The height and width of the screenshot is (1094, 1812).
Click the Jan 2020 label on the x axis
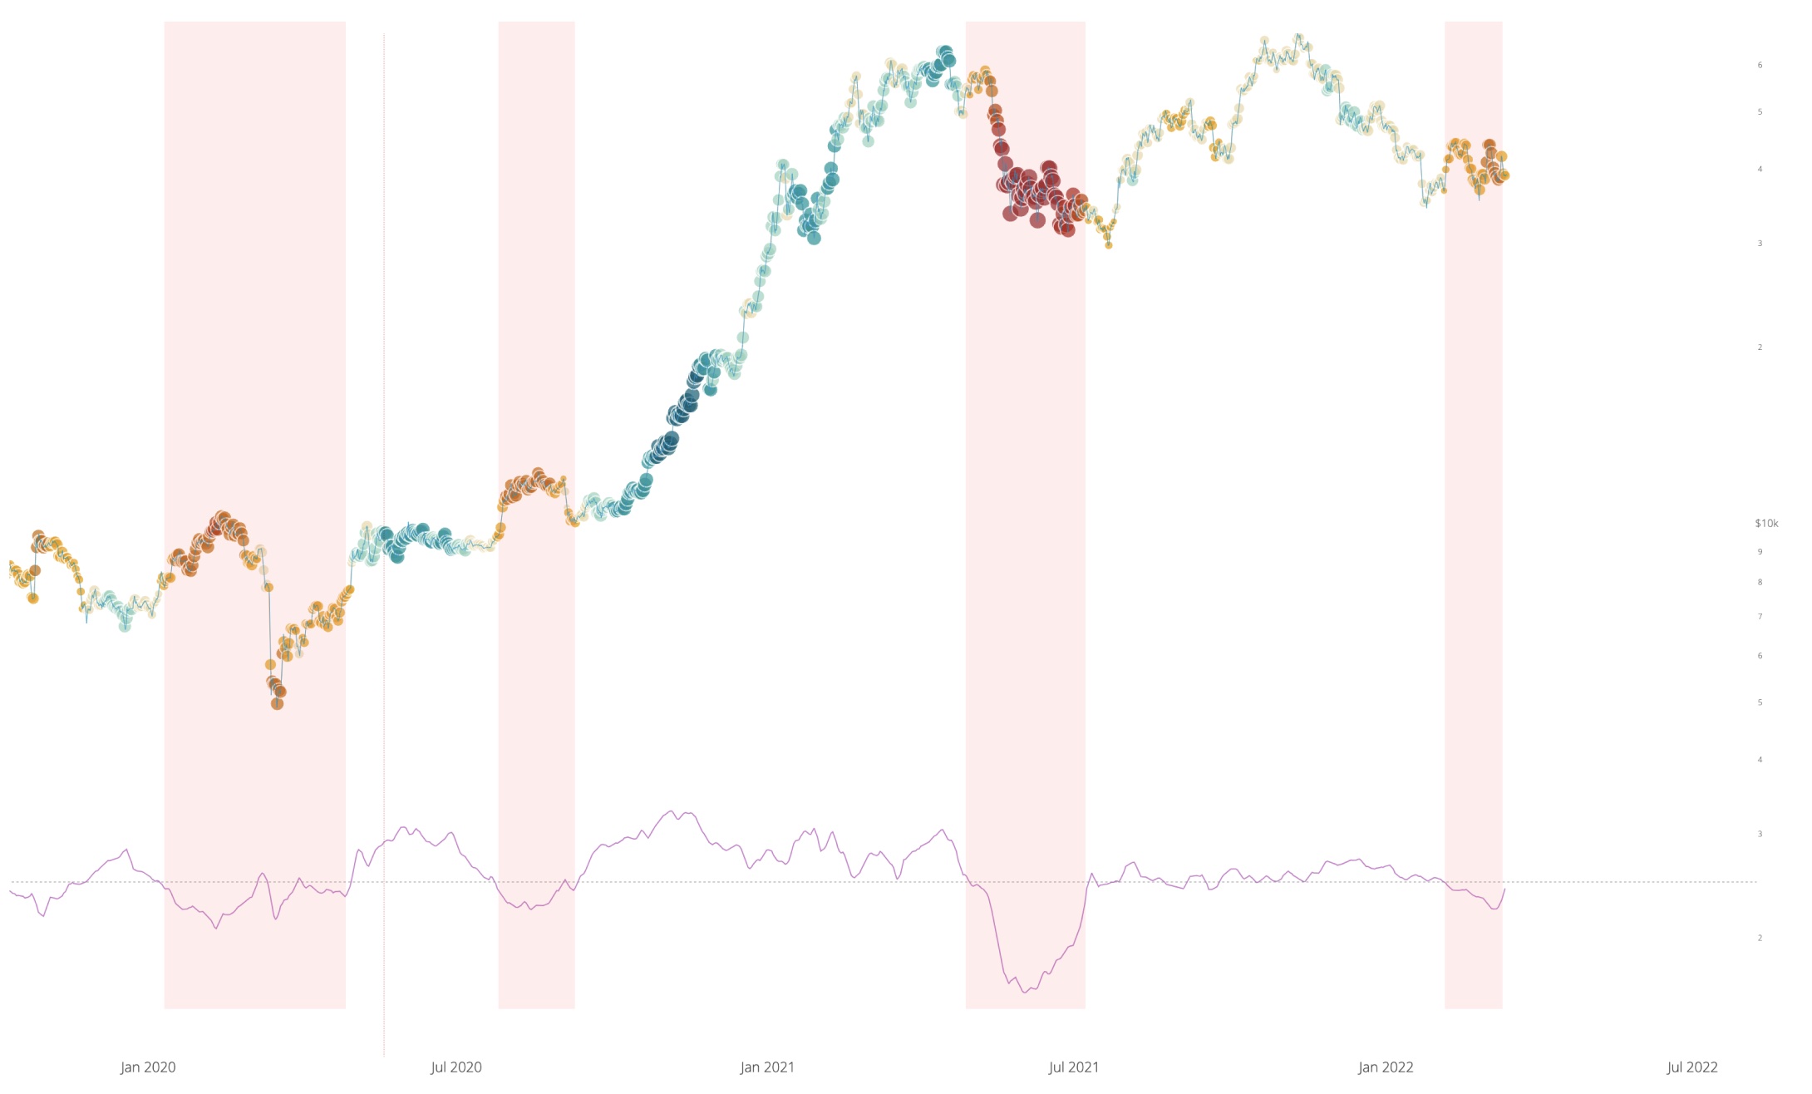point(148,1067)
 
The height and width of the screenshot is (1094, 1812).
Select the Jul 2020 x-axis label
point(456,1067)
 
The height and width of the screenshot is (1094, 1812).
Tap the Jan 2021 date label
point(767,1067)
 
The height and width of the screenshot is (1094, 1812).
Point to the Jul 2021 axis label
point(1074,1067)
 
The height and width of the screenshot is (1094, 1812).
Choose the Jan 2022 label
point(1386,1067)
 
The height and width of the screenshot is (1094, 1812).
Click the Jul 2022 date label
point(1692,1067)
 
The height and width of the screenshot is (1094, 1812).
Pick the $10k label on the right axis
point(1766,524)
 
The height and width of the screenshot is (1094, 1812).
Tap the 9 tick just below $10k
point(1760,552)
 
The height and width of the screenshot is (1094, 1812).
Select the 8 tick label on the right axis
point(1760,583)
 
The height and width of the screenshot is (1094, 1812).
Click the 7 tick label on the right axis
point(1760,617)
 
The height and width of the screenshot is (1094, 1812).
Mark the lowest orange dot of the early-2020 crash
point(278,704)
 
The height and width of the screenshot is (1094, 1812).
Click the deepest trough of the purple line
point(1025,992)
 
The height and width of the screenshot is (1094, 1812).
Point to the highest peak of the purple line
point(672,811)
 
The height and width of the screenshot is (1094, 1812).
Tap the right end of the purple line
point(1504,889)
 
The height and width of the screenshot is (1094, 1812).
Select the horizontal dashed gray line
point(831,881)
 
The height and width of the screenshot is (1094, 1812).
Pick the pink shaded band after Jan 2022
point(1473,499)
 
